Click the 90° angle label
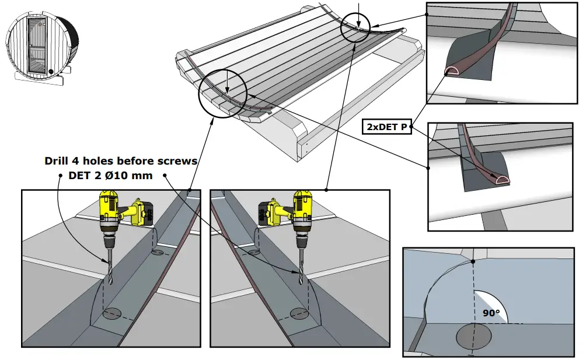tap(490, 313)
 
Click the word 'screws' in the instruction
tap(178, 160)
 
